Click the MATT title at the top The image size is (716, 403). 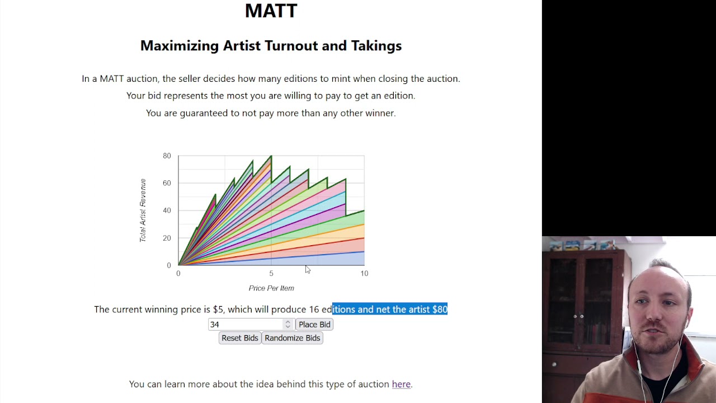[x=271, y=11]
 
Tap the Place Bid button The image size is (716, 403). [x=314, y=325]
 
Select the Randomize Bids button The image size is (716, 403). [x=292, y=338]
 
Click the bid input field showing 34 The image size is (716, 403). [x=246, y=325]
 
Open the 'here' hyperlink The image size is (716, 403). [x=401, y=384]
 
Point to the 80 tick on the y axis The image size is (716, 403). [x=167, y=156]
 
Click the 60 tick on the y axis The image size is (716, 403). [x=167, y=183]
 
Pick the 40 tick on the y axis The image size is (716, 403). [x=167, y=210]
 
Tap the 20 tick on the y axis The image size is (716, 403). [x=167, y=238]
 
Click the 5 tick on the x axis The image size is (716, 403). [x=271, y=274]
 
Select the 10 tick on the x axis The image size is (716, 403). [x=364, y=274]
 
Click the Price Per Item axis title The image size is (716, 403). [x=271, y=288]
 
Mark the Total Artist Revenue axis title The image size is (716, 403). [x=143, y=210]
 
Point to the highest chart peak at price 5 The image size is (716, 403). [x=271, y=156]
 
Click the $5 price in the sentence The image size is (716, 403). [x=218, y=310]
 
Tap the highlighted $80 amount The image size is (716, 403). [x=440, y=310]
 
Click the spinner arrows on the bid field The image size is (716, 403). [x=288, y=325]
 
